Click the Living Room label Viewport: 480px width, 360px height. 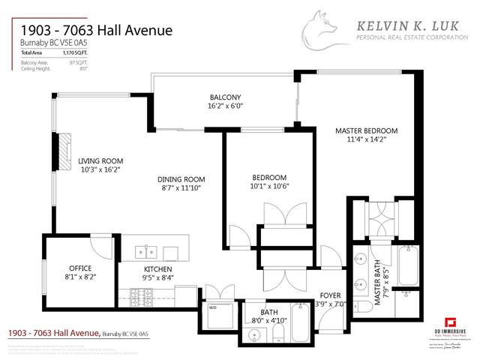pyautogui.click(x=100, y=160)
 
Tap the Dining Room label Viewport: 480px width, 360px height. pyautogui.click(x=181, y=178)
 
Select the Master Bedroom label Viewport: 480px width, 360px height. pyautogui.click(x=366, y=130)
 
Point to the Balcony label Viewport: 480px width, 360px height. pyautogui.click(x=225, y=97)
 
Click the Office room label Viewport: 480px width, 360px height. pyautogui.click(x=80, y=268)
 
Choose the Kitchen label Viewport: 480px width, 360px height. pyautogui.click(x=158, y=268)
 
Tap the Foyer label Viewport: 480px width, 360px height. pyautogui.click(x=331, y=295)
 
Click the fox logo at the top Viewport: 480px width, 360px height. pyautogui.click(x=325, y=31)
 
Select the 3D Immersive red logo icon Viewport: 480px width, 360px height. pyautogui.click(x=450, y=318)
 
